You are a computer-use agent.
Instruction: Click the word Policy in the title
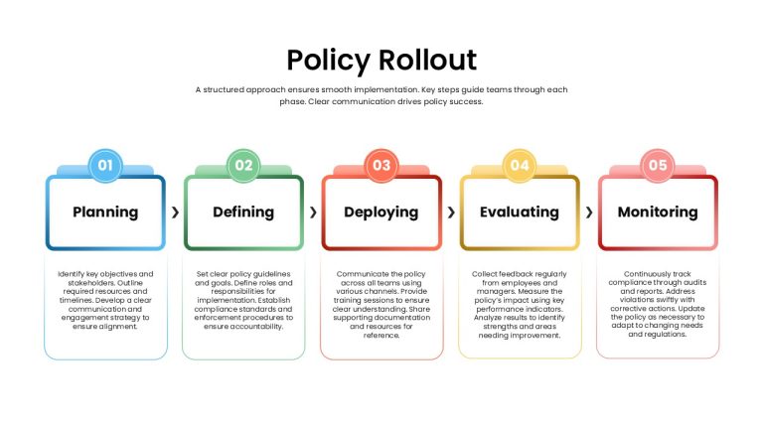(x=329, y=61)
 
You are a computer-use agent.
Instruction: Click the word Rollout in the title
(x=428, y=60)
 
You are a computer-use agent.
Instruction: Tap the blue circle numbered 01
(x=105, y=166)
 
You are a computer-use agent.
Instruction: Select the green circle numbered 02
(x=243, y=166)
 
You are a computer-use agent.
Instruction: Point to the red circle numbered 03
(x=381, y=166)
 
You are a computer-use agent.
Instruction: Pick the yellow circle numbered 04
(x=520, y=166)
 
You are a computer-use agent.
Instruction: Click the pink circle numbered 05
(x=658, y=166)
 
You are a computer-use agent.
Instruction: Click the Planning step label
(x=105, y=213)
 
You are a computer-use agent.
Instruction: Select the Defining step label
(x=243, y=213)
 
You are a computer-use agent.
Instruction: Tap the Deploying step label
(x=381, y=213)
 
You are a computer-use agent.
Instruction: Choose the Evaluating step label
(x=520, y=213)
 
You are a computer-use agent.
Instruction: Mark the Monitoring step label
(x=658, y=213)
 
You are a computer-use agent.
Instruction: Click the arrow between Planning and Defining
(x=175, y=213)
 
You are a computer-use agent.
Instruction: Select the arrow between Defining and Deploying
(x=313, y=213)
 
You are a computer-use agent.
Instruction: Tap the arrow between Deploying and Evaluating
(x=451, y=213)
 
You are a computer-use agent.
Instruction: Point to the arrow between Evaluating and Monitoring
(x=589, y=213)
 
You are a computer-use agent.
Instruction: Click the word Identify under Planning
(x=72, y=274)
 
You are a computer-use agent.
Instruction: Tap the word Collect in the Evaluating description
(x=484, y=274)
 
